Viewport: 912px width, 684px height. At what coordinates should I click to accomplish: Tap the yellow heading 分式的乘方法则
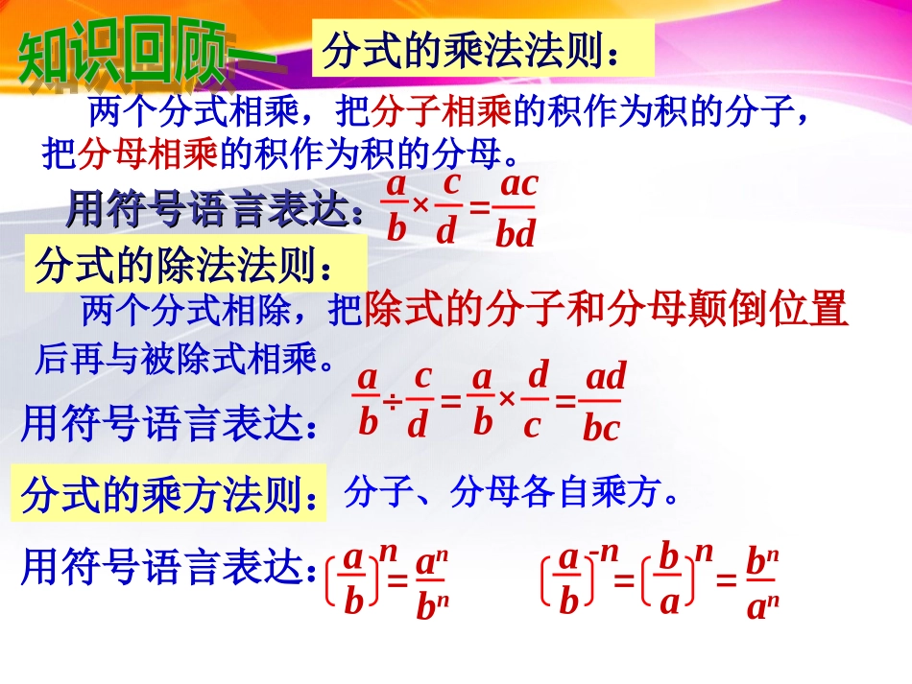click(x=169, y=496)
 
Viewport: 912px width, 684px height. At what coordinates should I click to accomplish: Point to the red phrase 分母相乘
click(x=150, y=152)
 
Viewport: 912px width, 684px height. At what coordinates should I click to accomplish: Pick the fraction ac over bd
click(x=516, y=208)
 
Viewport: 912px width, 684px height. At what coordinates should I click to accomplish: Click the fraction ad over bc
click(x=603, y=401)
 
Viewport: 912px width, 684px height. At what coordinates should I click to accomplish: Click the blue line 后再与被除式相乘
click(x=186, y=360)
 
